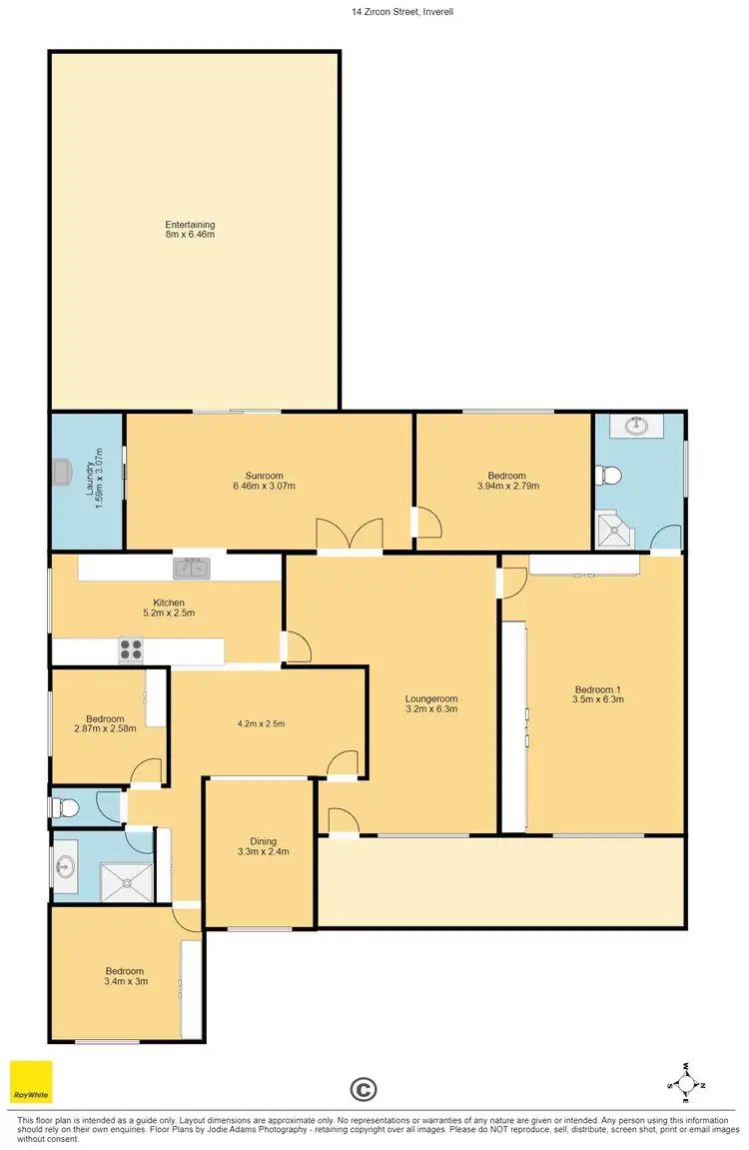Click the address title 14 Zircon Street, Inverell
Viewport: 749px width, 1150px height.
click(374, 11)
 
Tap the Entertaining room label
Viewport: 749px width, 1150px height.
click(190, 230)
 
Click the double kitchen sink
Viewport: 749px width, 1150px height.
click(192, 570)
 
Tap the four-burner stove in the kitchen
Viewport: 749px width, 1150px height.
click(131, 649)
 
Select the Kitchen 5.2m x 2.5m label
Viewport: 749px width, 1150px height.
click(166, 607)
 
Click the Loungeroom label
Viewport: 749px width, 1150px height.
click(430, 704)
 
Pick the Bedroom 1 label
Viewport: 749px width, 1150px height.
click(598, 694)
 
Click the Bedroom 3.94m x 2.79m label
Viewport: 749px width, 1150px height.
click(501, 481)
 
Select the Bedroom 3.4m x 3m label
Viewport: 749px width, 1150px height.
click(126, 976)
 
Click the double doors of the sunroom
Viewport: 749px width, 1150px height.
click(350, 535)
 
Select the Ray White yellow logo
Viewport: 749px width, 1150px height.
click(31, 1082)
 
